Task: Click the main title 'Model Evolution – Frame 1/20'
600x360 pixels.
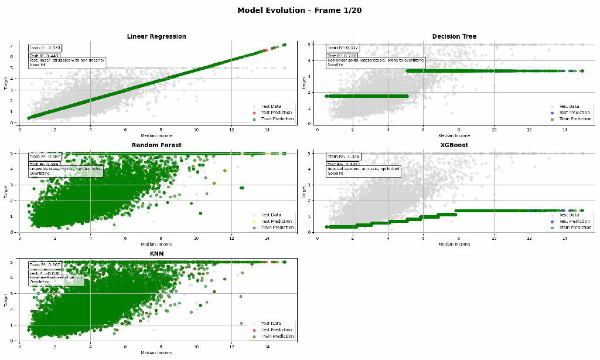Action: (299, 11)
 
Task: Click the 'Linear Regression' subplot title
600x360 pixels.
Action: (156, 36)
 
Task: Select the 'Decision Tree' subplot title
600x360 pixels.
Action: (454, 36)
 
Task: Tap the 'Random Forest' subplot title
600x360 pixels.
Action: (156, 145)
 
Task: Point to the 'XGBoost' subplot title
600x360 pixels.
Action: (454, 145)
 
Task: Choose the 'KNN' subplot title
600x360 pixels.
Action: (156, 253)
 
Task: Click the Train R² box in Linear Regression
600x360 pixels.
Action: (45, 48)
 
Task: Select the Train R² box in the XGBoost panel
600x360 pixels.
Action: (343, 157)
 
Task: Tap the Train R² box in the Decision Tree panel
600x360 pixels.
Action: (343, 48)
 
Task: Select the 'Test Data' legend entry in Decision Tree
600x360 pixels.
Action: (568, 106)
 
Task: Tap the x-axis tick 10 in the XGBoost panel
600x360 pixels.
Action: (494, 239)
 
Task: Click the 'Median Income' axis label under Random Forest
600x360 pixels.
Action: (156, 244)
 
